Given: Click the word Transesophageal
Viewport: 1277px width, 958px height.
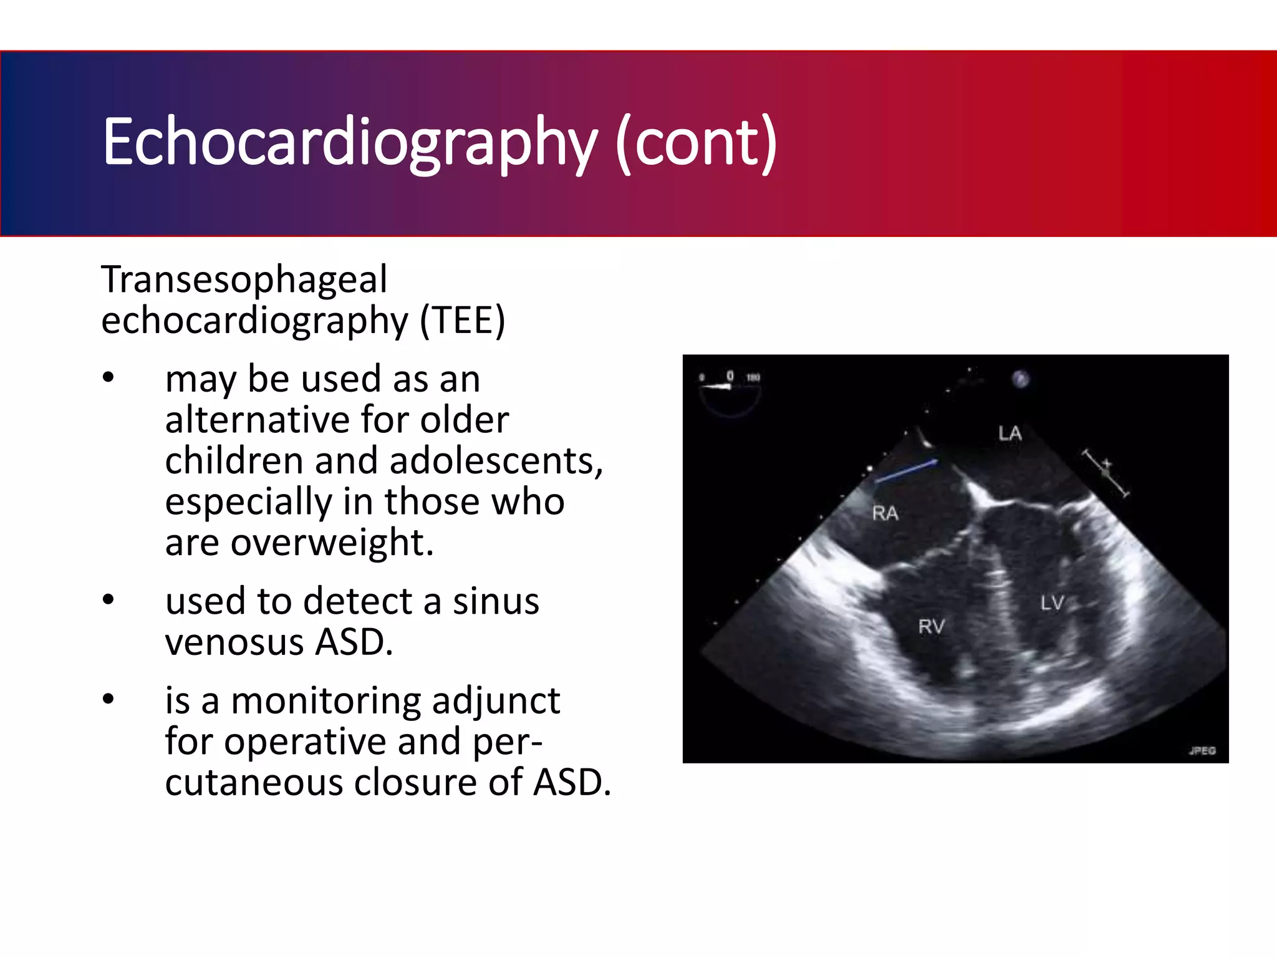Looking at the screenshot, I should click(244, 279).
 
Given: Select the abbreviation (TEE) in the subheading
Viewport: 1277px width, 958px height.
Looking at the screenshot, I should click(462, 321).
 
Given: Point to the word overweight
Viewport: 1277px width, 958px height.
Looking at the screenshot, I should click(332, 541).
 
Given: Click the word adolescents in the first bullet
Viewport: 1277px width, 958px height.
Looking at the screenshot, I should click(496, 460).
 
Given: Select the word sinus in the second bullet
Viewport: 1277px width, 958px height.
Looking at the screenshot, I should click(496, 601).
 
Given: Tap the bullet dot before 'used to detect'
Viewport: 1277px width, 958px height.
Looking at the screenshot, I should click(108, 600).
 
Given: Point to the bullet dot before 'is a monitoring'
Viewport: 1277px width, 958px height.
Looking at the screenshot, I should click(108, 699).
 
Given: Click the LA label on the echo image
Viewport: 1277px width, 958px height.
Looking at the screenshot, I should click(1010, 433).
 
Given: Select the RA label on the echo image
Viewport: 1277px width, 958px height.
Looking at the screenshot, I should click(885, 513).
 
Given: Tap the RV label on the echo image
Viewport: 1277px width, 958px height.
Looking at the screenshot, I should click(932, 626).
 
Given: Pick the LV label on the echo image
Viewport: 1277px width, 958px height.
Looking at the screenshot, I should click(1052, 603).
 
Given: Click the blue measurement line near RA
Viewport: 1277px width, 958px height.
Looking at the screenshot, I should click(906, 471).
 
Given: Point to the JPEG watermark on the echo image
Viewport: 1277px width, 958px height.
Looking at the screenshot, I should click(1202, 750).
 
